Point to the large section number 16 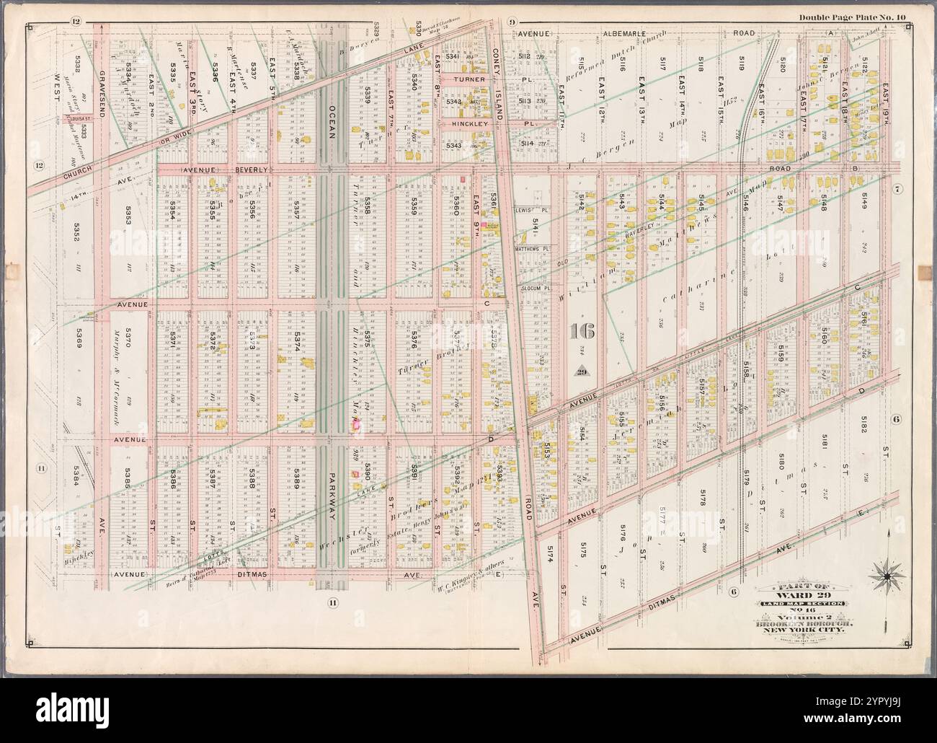point(582,331)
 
